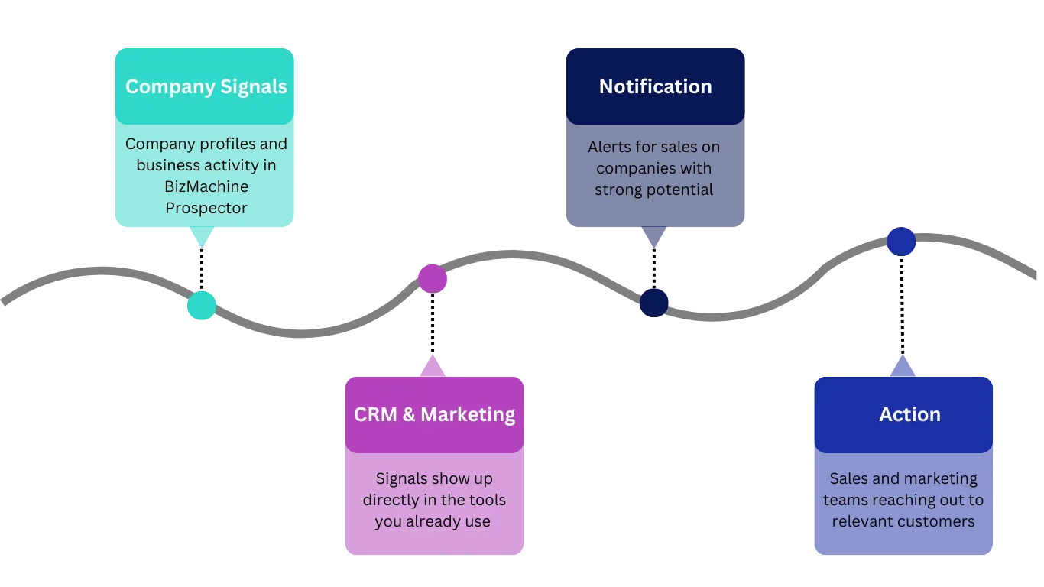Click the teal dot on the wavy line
[201, 306]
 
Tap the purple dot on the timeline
[433, 278]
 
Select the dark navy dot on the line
[654, 303]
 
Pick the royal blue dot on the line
[901, 242]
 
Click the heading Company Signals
[206, 87]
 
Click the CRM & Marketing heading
[434, 415]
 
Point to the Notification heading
[655, 87]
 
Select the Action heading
[909, 415]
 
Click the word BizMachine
[206, 186]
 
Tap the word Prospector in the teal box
[206, 208]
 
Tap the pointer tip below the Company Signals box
[201, 245]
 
